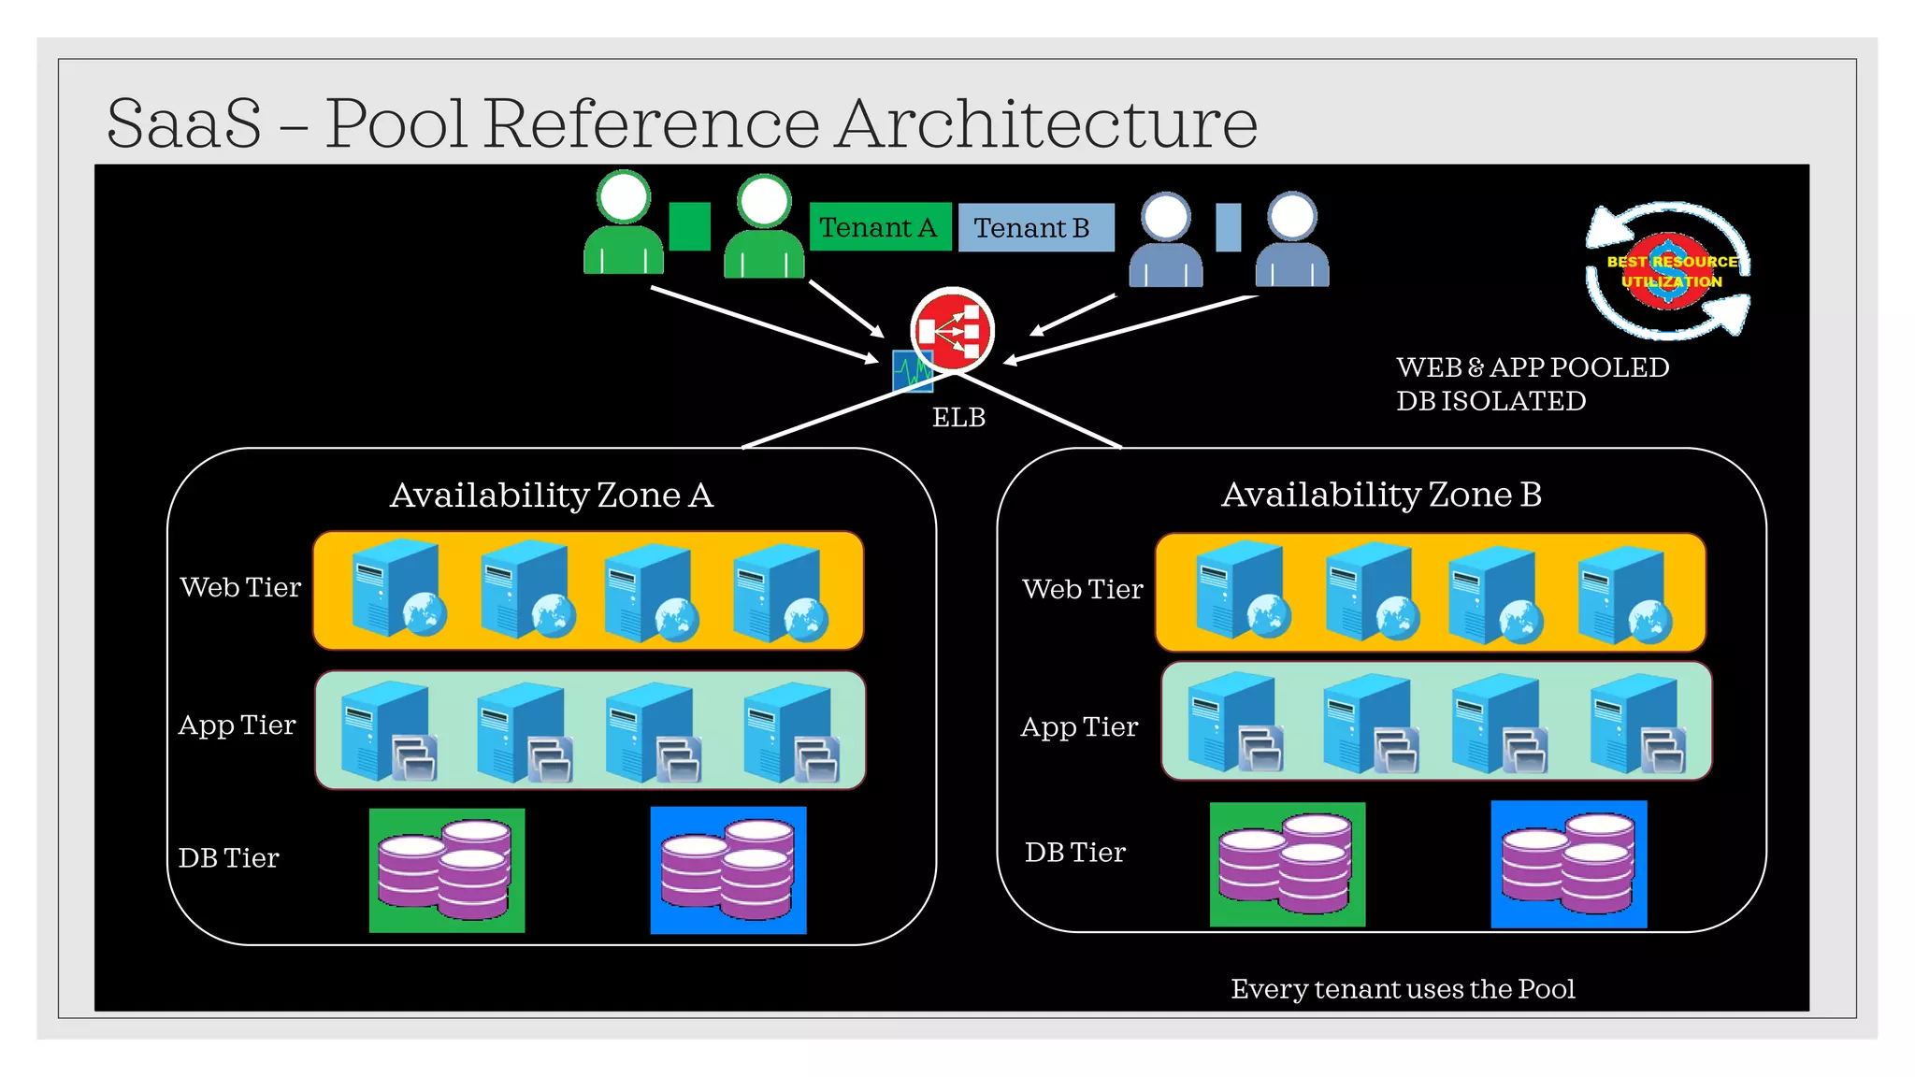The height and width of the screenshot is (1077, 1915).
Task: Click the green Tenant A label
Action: [x=879, y=227]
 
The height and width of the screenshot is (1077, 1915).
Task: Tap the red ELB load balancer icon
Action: [x=952, y=330]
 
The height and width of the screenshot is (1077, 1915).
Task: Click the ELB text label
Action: [x=958, y=417]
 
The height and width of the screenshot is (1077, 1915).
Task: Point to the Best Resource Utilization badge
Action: [x=1670, y=271]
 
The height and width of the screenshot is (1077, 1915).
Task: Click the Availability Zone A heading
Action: [x=551, y=495]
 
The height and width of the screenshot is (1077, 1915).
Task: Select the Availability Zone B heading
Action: [x=1381, y=494]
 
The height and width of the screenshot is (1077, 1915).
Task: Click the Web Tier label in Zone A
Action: [x=240, y=587]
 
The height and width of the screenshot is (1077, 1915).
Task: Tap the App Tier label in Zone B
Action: [x=1079, y=726]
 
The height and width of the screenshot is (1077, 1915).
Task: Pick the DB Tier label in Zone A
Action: [x=228, y=857]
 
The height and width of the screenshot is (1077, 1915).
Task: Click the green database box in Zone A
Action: [x=446, y=870]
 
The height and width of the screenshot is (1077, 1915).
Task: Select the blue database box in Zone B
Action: [x=1568, y=864]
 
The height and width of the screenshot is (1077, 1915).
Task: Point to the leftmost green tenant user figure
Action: [x=624, y=224]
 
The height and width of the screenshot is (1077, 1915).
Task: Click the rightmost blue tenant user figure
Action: [x=1291, y=241]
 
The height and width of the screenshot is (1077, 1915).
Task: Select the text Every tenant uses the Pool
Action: [x=1403, y=988]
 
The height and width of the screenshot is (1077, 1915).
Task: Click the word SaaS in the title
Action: [x=184, y=123]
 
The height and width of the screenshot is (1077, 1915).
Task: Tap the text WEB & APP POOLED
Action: [x=1532, y=367]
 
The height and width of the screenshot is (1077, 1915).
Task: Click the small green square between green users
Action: [x=690, y=226]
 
